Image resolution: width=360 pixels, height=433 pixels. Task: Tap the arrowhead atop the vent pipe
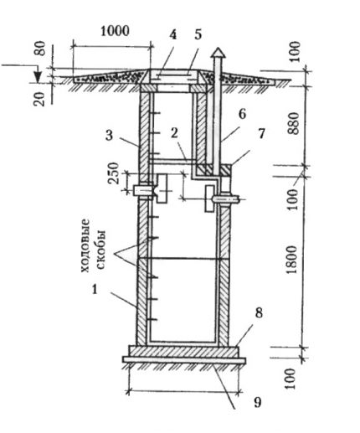[x=218, y=52]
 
